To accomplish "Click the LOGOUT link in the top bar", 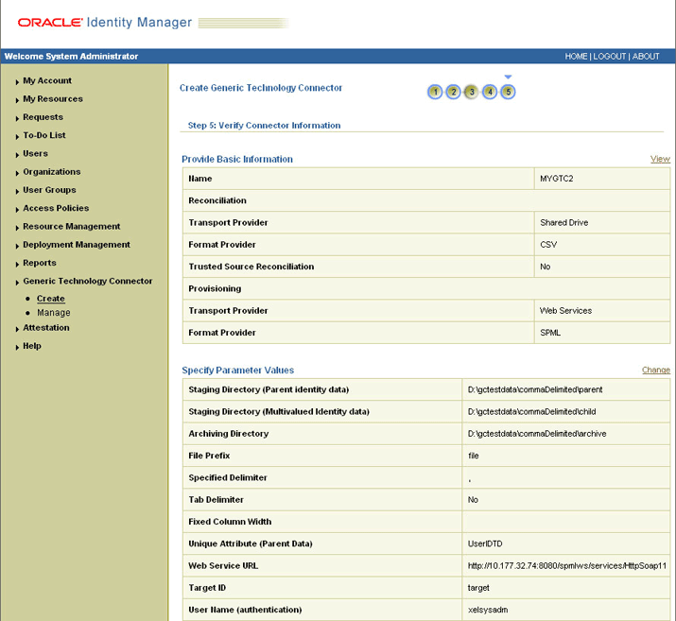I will (610, 57).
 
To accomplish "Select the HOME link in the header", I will (576, 57).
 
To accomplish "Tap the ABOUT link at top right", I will (646, 57).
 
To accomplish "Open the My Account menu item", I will (47, 81).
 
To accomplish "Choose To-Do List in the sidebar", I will (44, 135).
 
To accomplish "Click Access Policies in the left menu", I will (56, 208).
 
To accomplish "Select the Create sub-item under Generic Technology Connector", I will (51, 299).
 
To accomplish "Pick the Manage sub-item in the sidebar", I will (54, 313).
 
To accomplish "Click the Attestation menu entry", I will (46, 328).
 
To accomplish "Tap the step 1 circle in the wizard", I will (435, 92).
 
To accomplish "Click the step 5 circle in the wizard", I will (508, 92).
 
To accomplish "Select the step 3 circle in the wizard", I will (472, 92).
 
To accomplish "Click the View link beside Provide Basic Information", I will (660, 159).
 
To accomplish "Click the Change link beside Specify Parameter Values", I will (656, 370).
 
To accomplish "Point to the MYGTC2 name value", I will (556, 179).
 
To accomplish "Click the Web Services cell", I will (565, 311).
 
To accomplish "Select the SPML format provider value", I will (551, 333).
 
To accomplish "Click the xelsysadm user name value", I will (490, 610).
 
